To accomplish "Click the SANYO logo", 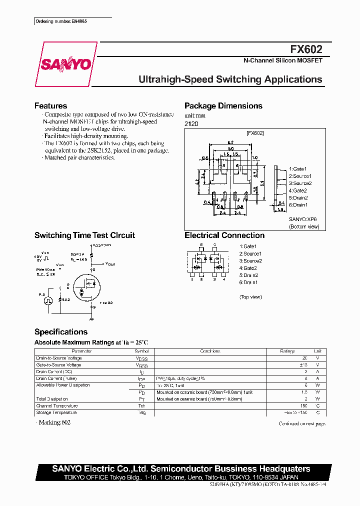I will coord(65,64).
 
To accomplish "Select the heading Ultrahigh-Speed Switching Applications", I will coord(230,79).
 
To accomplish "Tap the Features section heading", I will coord(50,106).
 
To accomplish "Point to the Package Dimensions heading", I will coord(223,106).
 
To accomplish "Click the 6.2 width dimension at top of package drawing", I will coord(230,142).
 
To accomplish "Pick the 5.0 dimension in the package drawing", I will coord(230,148).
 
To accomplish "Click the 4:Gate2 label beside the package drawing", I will coord(298,190).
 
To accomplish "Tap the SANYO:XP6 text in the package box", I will coord(303,219).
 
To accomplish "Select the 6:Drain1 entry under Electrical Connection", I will coord(248,282).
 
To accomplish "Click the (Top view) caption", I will coord(250,297).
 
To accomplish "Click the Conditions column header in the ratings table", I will coord(210,351).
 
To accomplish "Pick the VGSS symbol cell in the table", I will coord(142,365).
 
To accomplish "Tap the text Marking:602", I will coord(53,423).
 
